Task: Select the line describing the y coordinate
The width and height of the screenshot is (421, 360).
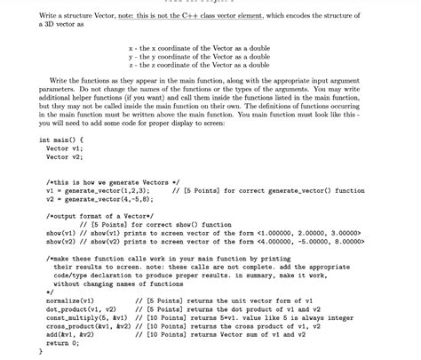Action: pos(199,57)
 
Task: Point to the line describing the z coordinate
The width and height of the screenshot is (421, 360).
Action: pos(199,65)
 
